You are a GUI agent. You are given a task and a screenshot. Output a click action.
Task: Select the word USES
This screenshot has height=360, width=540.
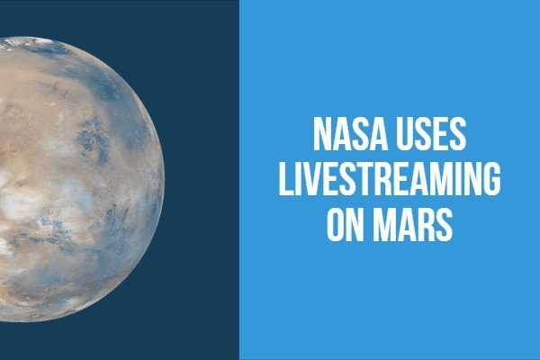tap(431, 134)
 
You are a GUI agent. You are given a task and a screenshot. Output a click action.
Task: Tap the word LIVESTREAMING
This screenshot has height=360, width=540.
tap(390, 179)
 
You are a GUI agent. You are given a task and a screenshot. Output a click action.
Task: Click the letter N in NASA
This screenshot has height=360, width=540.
tap(322, 134)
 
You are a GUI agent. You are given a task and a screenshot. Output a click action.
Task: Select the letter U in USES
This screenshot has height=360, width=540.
tap(405, 134)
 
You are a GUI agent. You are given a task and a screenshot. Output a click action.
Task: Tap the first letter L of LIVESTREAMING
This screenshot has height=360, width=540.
tap(285, 179)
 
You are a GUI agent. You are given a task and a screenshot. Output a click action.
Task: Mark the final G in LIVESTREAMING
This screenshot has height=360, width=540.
tap(492, 179)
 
